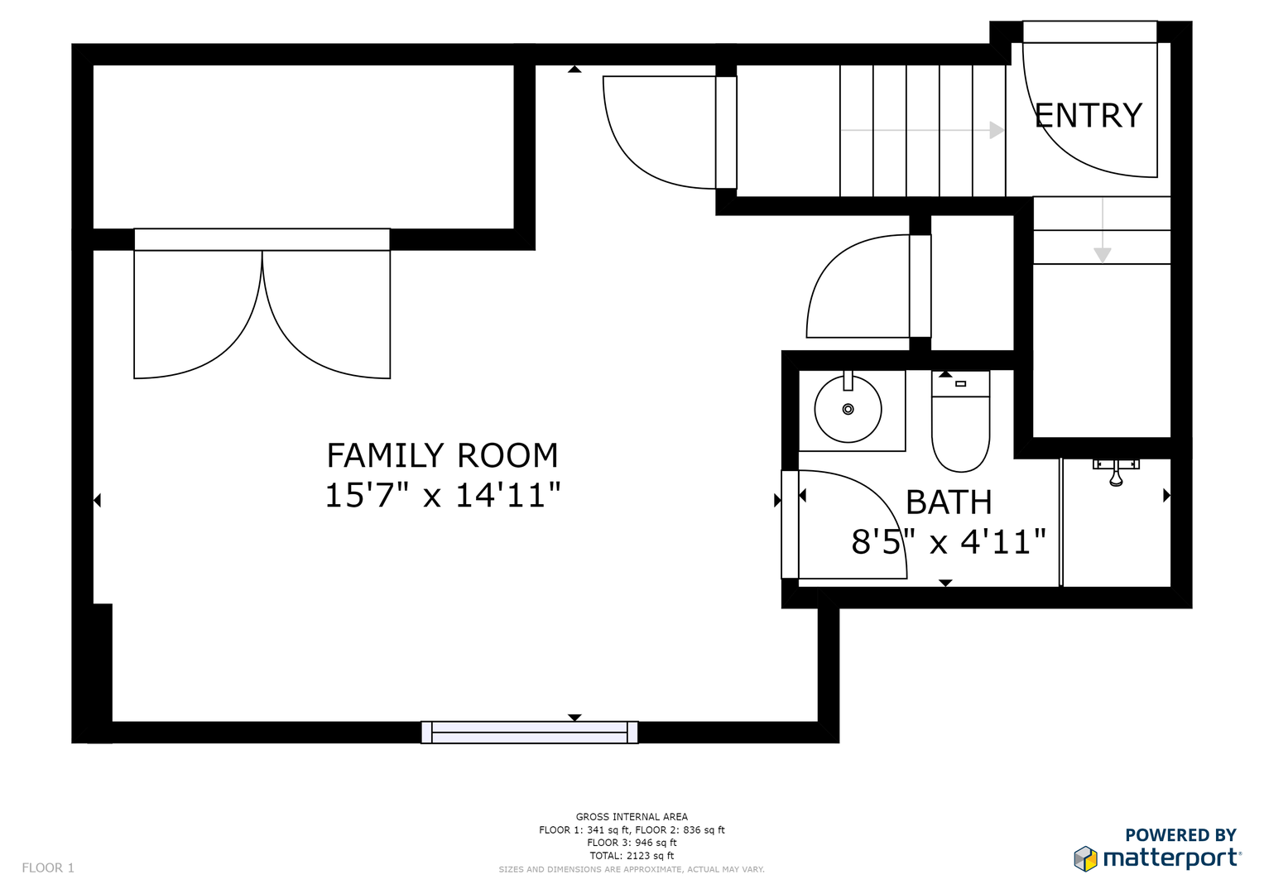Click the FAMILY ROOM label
[442, 455]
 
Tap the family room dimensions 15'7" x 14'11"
[443, 496]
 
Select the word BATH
[949, 502]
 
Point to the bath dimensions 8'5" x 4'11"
[949, 542]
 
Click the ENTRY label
[1088, 116]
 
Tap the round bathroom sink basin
[848, 409]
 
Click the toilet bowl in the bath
[960, 434]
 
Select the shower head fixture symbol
[1116, 472]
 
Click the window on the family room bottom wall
[529, 732]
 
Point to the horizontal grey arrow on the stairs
[922, 131]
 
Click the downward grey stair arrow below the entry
[1102, 230]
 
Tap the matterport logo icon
[1085, 858]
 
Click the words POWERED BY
[1180, 834]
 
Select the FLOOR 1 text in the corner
[48, 868]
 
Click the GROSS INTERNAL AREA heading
[632, 817]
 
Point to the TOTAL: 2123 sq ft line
[632, 856]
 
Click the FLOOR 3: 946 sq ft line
[632, 843]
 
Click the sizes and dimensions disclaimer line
[632, 870]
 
